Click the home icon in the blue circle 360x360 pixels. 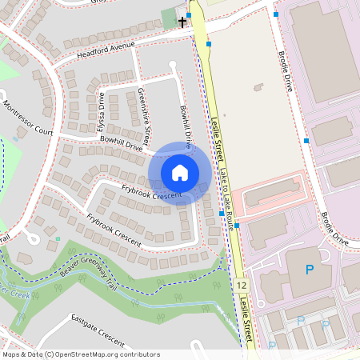[180, 172]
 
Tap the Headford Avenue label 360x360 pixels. [106, 50]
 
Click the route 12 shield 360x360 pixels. [242, 285]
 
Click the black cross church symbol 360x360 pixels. [182, 22]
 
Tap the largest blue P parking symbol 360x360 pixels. [310, 270]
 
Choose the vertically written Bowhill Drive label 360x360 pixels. [186, 128]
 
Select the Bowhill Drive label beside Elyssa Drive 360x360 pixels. [121, 144]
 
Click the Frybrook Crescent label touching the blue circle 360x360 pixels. [151, 190]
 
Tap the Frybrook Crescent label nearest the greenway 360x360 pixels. [114, 230]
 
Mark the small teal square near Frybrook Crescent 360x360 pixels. [58, 238]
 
